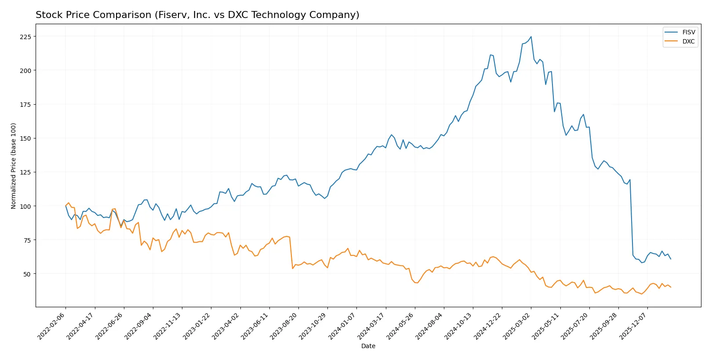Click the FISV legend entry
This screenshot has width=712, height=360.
pos(688,32)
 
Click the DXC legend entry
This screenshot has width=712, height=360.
pos(688,41)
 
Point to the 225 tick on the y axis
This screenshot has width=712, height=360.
pos(25,36)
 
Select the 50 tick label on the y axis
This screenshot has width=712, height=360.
pos(27,274)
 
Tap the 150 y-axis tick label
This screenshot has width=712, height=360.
pos(25,138)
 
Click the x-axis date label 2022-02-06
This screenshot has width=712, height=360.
pos(52,326)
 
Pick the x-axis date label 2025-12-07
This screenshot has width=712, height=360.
pos(633,326)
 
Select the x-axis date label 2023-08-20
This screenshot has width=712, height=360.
pos(284,326)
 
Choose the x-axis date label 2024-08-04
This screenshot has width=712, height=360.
pos(430,326)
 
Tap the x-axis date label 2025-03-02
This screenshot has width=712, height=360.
pos(517,326)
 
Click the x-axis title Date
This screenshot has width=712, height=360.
pos(368,346)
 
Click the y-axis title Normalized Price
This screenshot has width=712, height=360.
pos(13,166)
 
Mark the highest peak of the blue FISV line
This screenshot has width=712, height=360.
pos(531,36)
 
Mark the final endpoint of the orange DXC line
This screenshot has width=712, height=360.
pos(671,287)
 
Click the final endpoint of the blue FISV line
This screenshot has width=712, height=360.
pos(671,259)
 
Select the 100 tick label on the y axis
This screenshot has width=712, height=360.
pos(25,206)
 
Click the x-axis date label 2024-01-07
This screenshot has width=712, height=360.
pos(342,326)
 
